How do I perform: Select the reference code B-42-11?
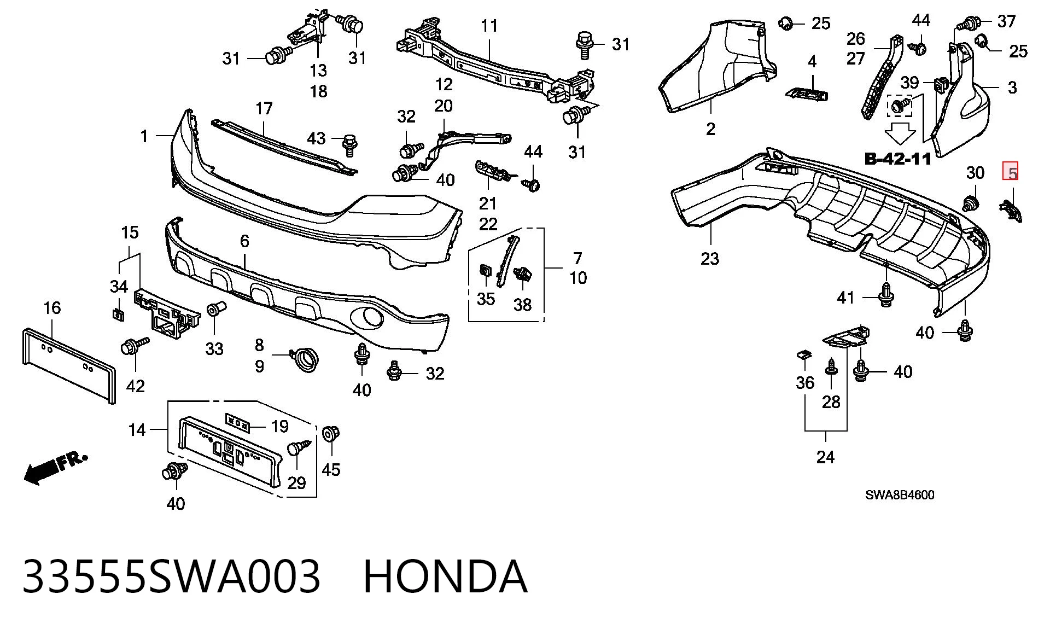[x=897, y=159]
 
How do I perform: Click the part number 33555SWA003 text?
[x=171, y=576]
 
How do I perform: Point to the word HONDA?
[x=445, y=576]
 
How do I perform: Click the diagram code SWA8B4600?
[x=900, y=495]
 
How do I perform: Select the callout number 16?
[x=52, y=308]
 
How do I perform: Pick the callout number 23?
[x=710, y=258]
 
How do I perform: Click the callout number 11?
[x=489, y=26]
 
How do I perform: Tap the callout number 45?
[x=331, y=469]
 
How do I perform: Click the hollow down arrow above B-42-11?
[x=900, y=133]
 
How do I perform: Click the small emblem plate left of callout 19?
[x=238, y=423]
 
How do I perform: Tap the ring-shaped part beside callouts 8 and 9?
[x=305, y=360]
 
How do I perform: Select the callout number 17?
[x=264, y=108]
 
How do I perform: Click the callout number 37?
[x=1006, y=21]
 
